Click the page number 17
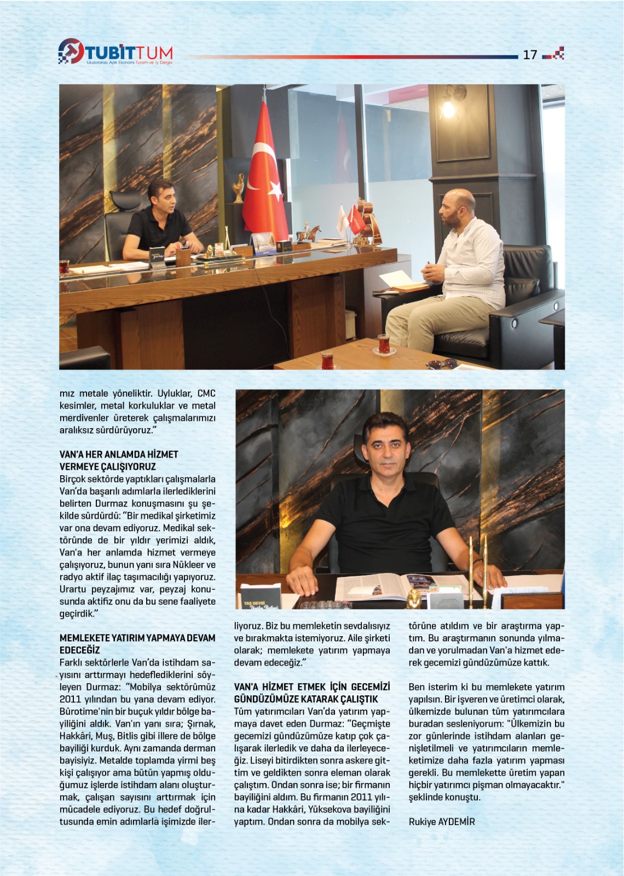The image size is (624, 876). click(530, 54)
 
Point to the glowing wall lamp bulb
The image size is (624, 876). click(448, 109)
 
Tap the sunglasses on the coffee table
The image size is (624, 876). click(442, 363)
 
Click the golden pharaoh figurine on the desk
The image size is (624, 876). click(414, 597)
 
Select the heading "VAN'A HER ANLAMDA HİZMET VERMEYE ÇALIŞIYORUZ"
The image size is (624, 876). click(119, 460)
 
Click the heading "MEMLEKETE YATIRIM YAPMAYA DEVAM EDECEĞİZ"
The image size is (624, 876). click(137, 644)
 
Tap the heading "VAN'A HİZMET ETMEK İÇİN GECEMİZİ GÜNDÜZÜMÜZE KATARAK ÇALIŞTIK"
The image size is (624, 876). click(312, 693)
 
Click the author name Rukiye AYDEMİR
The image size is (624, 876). click(442, 821)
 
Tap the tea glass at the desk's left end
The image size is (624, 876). click(64, 266)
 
